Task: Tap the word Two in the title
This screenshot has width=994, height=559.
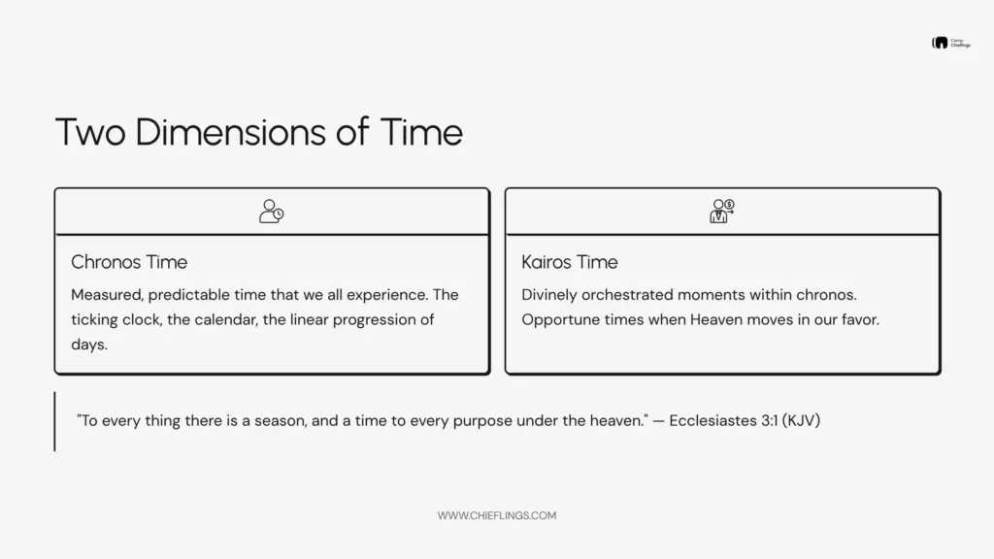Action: [x=90, y=131]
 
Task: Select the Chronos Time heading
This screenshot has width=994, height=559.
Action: [x=129, y=262]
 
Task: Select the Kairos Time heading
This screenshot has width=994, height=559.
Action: [x=569, y=262]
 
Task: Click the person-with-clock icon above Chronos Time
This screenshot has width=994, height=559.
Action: [x=272, y=212]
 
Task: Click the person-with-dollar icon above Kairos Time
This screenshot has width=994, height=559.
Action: [x=722, y=212]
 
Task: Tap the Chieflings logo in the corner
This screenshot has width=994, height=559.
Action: [x=947, y=44]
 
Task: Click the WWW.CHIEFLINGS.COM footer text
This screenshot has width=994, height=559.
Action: [x=497, y=516]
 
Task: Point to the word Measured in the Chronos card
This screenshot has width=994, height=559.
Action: [x=106, y=294]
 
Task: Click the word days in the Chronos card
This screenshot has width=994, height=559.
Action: [x=88, y=345]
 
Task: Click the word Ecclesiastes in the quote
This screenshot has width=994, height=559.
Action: [x=711, y=421]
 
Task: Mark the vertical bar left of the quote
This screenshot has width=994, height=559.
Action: [x=54, y=421]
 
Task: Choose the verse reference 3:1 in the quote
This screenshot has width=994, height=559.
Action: [x=768, y=421]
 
